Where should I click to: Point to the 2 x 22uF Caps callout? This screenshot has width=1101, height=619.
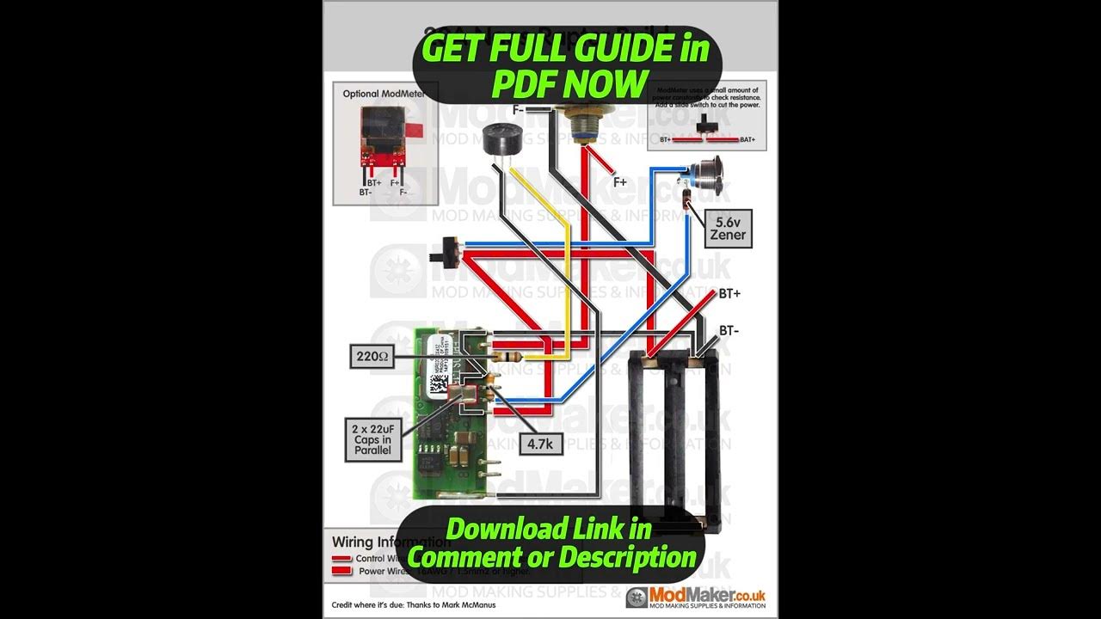pos(372,439)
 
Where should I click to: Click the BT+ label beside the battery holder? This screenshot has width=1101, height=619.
pos(729,294)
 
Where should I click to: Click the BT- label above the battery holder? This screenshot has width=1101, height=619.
pos(729,330)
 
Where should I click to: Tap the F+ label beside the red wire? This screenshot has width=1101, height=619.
pos(619,181)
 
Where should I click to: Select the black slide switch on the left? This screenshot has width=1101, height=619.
pos(447,252)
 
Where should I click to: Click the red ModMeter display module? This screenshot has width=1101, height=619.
pos(381,136)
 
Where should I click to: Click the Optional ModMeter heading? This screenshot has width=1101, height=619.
pos(384,94)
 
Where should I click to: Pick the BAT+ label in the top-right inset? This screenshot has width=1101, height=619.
pos(749,139)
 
